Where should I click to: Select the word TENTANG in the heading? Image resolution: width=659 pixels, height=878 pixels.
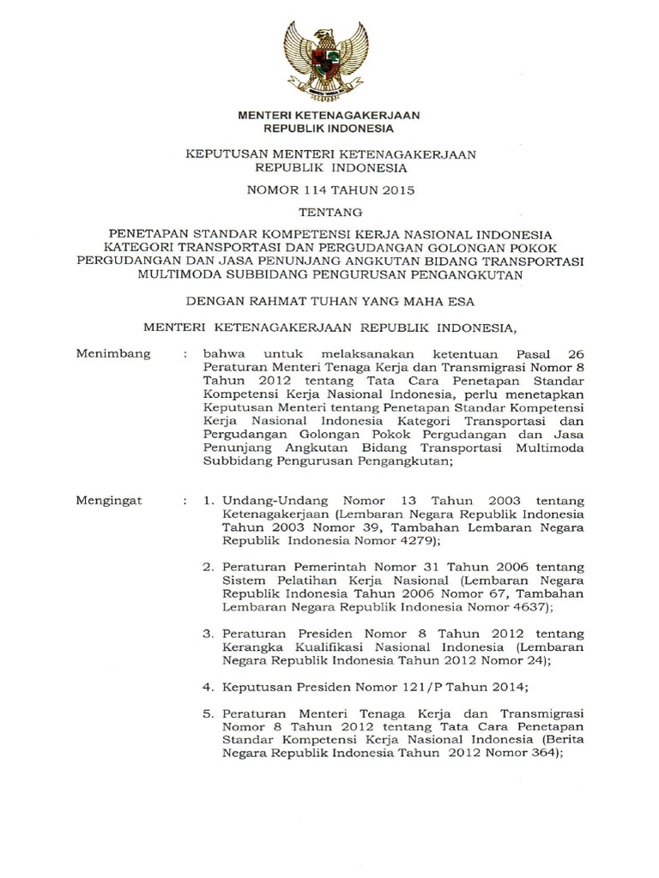(329, 211)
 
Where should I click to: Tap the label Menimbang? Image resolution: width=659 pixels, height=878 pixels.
(113, 352)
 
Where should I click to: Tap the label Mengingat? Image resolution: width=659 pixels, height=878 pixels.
(110, 500)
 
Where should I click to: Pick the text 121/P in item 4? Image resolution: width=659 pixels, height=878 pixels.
(396, 687)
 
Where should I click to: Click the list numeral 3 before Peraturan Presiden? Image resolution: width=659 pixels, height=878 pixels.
(207, 634)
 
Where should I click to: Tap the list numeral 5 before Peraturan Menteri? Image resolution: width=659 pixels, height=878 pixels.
(207, 713)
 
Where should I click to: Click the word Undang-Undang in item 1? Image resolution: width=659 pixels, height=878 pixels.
(264, 500)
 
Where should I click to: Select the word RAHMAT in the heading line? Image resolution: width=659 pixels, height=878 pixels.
(277, 301)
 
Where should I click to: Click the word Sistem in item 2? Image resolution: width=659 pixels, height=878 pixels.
(241, 580)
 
